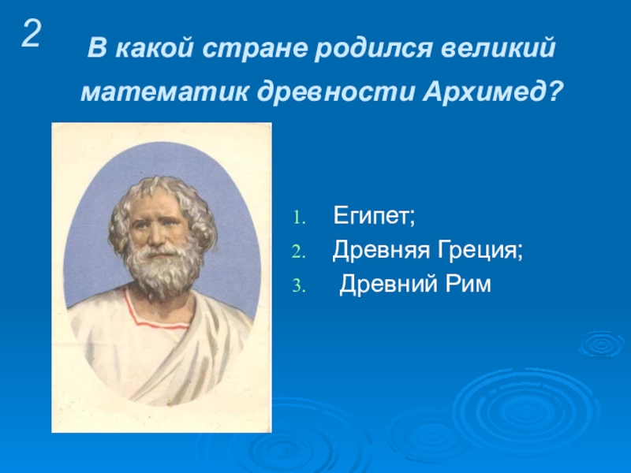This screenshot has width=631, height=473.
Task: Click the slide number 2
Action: [x=32, y=34]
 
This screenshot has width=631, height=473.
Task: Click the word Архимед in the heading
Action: [x=485, y=92]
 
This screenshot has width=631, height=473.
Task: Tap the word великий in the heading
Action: [x=498, y=48]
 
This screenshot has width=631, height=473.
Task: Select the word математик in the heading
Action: [x=164, y=92]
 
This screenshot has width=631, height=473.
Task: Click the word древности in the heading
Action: [x=336, y=93]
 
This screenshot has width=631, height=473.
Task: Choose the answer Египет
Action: [x=374, y=216]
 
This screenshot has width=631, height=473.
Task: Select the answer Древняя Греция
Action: [x=428, y=251]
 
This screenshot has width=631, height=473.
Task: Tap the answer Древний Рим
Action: [x=415, y=284]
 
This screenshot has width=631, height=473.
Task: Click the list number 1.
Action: [x=299, y=218]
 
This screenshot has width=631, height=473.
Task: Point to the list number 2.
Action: [x=299, y=252]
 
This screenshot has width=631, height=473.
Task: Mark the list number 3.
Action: [x=299, y=286]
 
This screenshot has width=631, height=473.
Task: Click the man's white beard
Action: [x=163, y=271]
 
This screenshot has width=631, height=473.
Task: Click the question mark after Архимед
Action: [x=554, y=92]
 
